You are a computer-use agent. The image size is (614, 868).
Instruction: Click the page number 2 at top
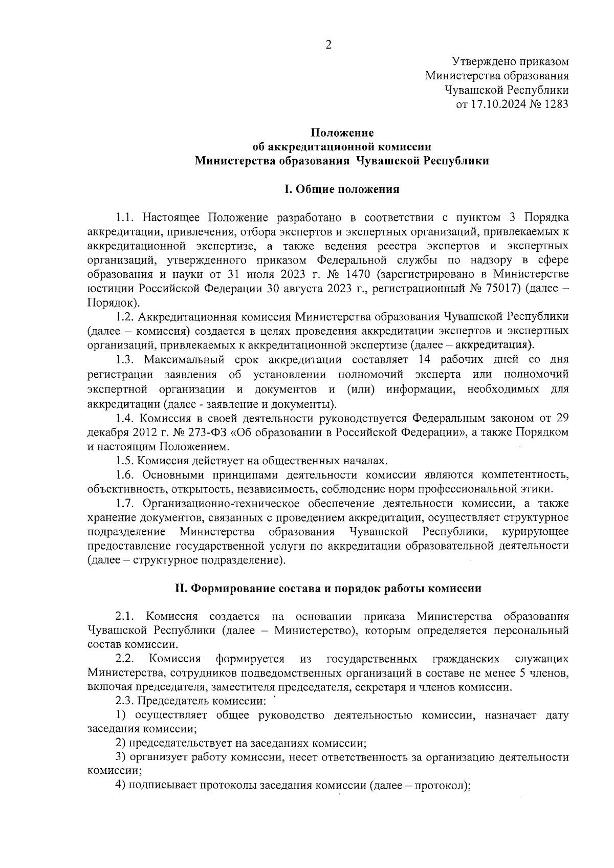click(x=328, y=45)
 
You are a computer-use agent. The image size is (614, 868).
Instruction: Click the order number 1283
click(x=555, y=104)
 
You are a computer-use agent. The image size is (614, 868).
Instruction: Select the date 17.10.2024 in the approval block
click(x=493, y=104)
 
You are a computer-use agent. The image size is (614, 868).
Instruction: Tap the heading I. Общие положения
click(x=341, y=189)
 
